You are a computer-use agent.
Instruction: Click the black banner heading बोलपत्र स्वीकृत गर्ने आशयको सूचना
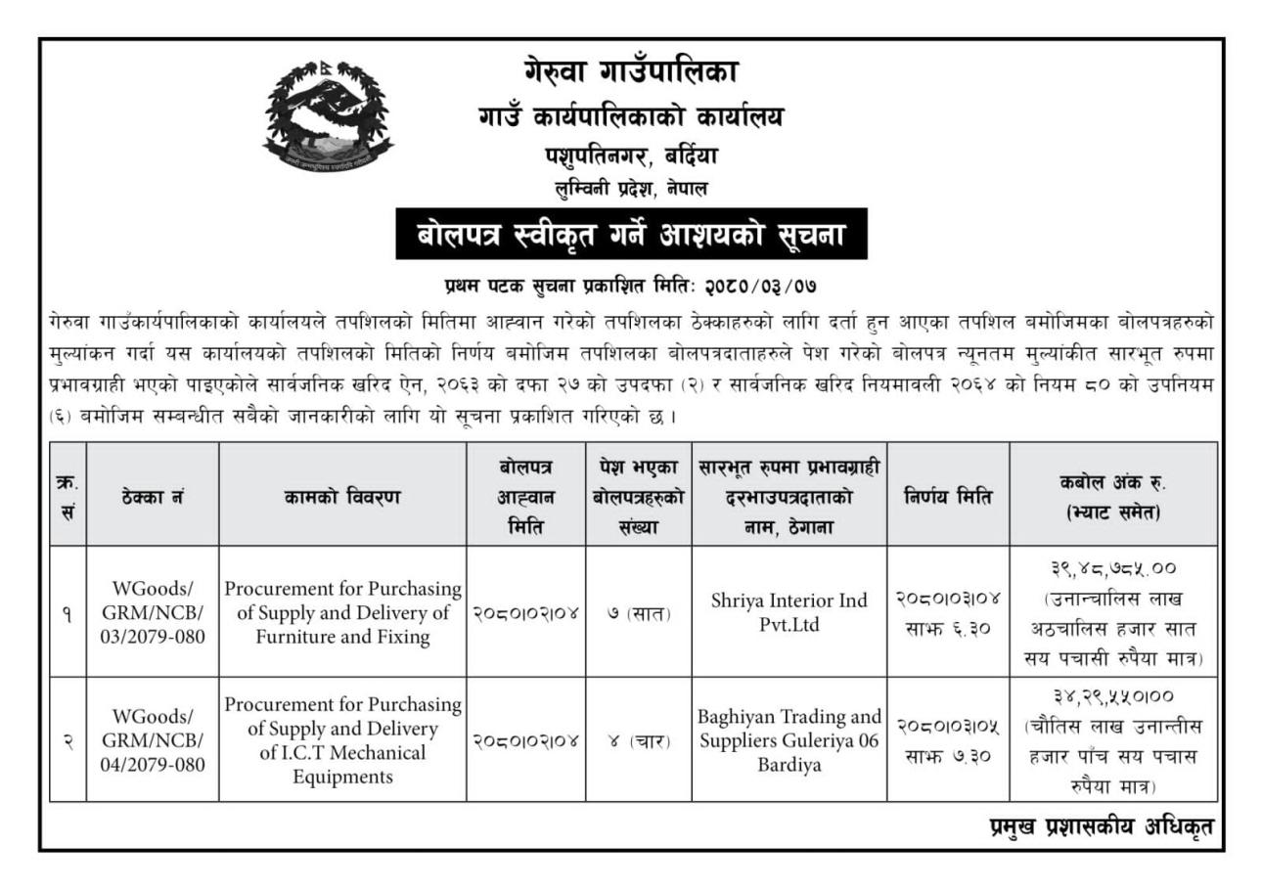pyautogui.click(x=631, y=235)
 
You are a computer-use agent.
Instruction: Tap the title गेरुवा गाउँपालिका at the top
pyautogui.click(x=631, y=71)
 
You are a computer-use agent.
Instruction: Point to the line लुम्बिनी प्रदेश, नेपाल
pyautogui.click(x=631, y=188)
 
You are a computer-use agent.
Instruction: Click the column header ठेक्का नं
pyautogui.click(x=152, y=497)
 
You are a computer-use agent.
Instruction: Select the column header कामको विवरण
pyautogui.click(x=342, y=497)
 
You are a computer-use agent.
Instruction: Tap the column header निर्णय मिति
pyautogui.click(x=948, y=497)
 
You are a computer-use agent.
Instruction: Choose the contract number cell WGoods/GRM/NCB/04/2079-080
pyautogui.click(x=152, y=740)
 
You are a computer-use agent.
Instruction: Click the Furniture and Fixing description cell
pyautogui.click(x=342, y=613)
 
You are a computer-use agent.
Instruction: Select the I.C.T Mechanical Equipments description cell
pyautogui.click(x=342, y=740)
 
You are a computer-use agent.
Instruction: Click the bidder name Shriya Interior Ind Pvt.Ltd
pyautogui.click(x=789, y=612)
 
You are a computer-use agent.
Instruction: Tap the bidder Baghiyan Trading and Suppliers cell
pyautogui.click(x=789, y=740)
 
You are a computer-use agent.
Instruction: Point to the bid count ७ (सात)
pyautogui.click(x=638, y=614)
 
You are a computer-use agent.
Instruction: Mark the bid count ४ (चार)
pyautogui.click(x=638, y=741)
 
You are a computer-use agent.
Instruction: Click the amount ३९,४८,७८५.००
pyautogui.click(x=1113, y=568)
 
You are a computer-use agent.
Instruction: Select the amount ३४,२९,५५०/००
pyautogui.click(x=1113, y=696)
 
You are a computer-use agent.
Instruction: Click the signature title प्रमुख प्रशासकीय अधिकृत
pyautogui.click(x=1102, y=827)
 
